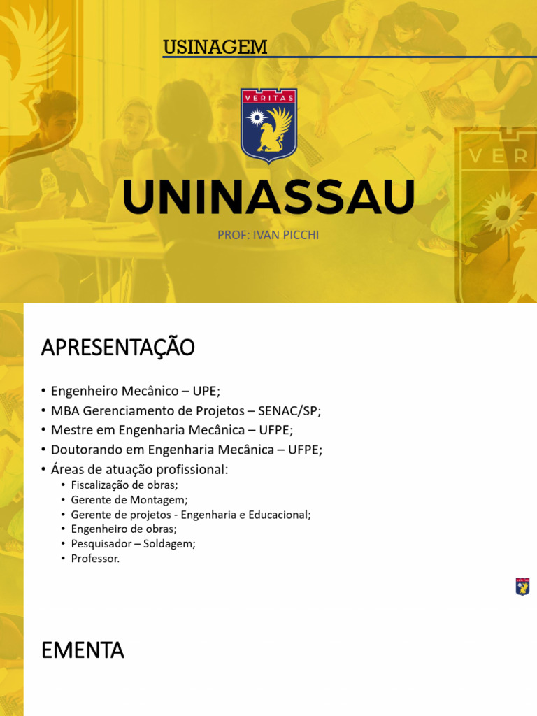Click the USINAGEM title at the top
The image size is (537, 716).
215,48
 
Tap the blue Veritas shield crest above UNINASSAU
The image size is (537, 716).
268,124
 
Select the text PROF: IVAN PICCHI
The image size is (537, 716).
268,235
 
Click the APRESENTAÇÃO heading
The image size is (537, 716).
117,348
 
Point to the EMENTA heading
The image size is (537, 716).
83,650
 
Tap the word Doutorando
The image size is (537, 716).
84,450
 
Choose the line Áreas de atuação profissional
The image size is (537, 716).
140,469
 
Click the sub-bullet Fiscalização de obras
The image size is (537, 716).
124,485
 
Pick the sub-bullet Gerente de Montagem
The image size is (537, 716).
129,500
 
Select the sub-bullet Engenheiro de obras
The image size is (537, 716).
124,529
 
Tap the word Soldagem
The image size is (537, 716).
169,544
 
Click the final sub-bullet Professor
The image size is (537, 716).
95,559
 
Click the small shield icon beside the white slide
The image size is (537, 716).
522,587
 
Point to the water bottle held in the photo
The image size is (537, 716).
49,182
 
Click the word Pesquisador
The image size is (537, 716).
100,544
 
